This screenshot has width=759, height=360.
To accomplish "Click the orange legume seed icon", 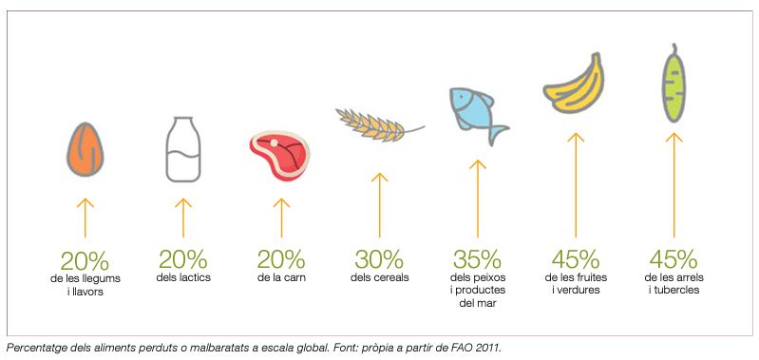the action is (85, 149).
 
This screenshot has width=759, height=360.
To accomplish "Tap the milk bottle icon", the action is (183, 149).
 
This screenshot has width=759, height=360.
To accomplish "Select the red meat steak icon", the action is (279, 155).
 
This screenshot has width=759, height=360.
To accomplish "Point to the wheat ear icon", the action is (380, 124).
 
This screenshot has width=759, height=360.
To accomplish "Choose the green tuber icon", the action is (674, 84).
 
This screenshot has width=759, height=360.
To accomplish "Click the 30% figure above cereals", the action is (378, 260).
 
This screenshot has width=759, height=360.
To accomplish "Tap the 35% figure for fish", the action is (477, 260).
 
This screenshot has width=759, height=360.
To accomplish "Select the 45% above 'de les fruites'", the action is (576, 260).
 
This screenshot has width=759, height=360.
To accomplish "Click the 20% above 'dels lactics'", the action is (183, 260).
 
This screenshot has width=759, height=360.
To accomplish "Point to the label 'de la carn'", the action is (281, 277).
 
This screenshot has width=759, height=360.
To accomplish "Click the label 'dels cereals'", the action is (380, 277).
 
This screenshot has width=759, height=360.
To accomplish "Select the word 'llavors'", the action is (88, 292).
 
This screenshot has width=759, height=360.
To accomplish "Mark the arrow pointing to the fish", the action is (477, 199).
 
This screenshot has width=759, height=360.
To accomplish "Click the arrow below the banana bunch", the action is (576, 185).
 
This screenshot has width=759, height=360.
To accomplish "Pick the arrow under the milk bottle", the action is (183, 218).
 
